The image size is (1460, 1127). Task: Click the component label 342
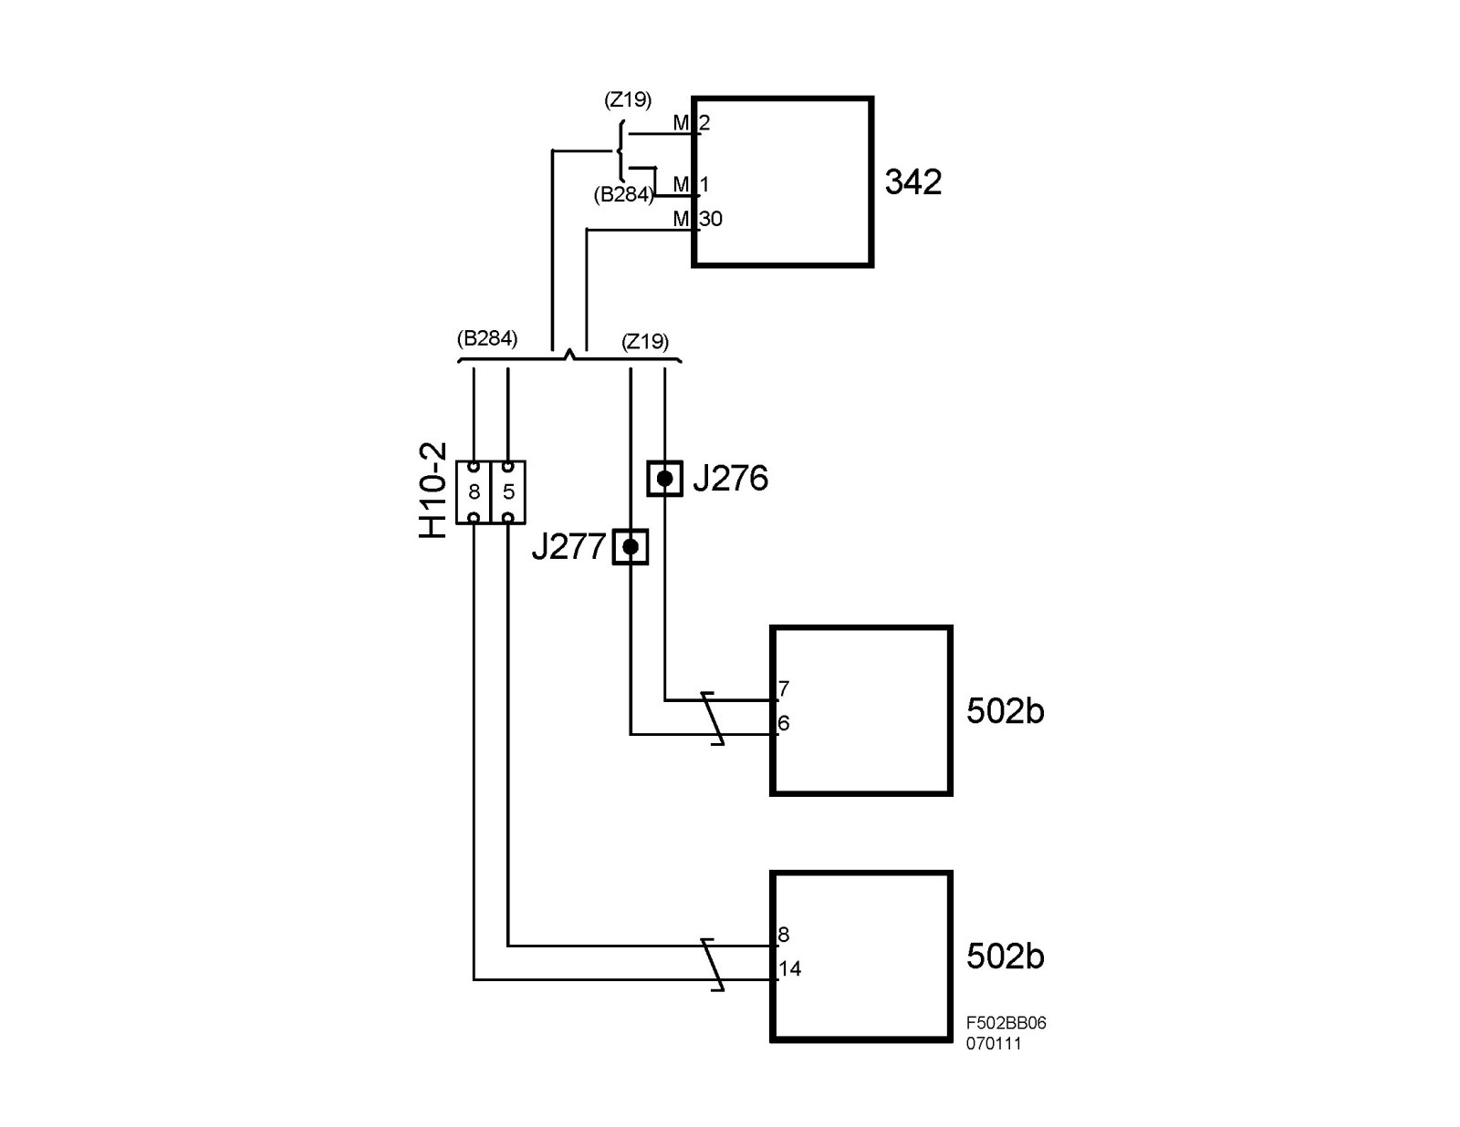(x=912, y=182)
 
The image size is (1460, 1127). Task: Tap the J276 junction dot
(x=665, y=478)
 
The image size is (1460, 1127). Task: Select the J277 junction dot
(x=630, y=547)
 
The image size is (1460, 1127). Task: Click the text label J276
(x=730, y=478)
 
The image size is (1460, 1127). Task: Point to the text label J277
(x=568, y=547)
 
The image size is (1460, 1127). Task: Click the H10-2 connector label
(x=434, y=491)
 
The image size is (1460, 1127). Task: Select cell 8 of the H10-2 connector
(x=474, y=492)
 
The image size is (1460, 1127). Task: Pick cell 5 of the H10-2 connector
(x=508, y=492)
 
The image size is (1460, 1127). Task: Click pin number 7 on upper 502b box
(x=784, y=688)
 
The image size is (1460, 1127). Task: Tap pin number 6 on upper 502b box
(x=784, y=723)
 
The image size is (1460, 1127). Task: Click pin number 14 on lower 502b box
(x=789, y=968)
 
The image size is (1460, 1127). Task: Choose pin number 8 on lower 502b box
(x=784, y=935)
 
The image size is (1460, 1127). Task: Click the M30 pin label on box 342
(x=698, y=219)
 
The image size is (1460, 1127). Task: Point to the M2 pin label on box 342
(x=692, y=122)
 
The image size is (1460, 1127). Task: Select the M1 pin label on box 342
(x=692, y=185)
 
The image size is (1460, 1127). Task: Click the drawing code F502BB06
(x=1006, y=1023)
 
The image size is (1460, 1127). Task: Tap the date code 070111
(x=994, y=1044)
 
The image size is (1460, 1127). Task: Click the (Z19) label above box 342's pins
(x=628, y=100)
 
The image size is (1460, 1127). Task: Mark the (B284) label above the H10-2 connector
(x=486, y=339)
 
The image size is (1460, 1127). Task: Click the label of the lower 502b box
(x=1005, y=956)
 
